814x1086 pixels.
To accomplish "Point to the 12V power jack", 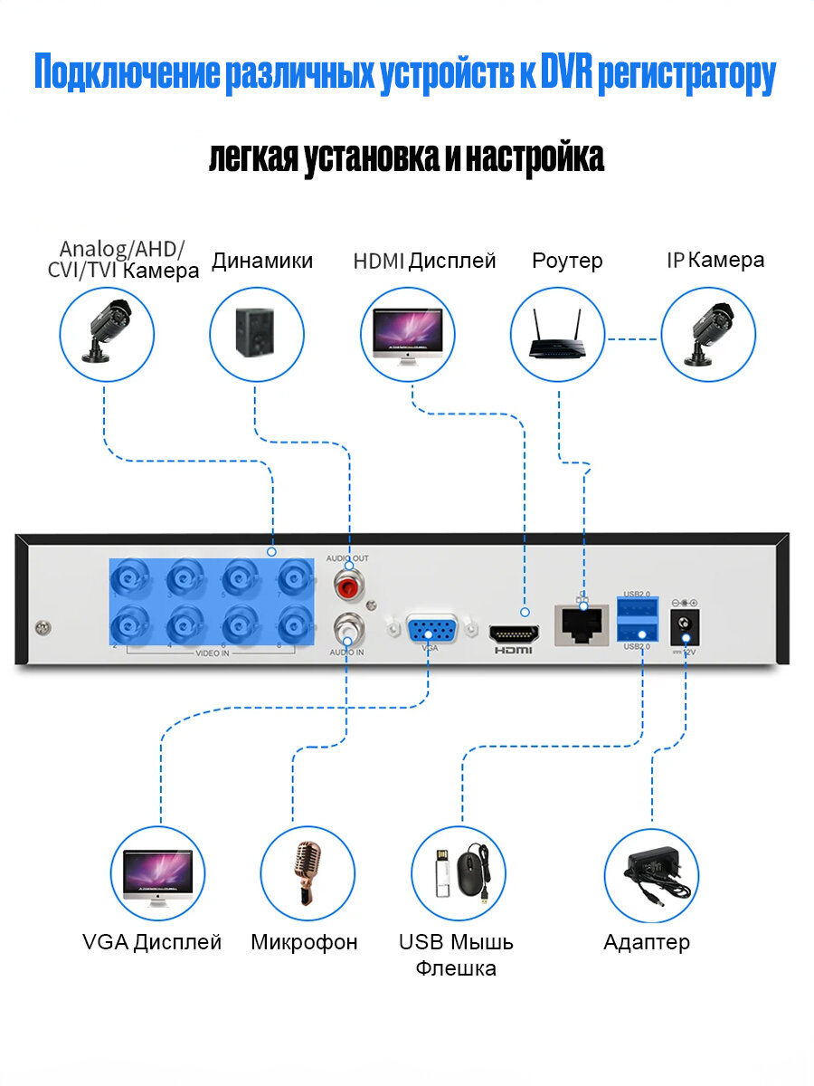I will (x=685, y=625).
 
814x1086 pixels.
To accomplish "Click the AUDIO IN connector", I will (x=347, y=626).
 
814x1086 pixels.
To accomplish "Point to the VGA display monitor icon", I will (x=158, y=874).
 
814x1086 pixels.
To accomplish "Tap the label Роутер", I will (x=567, y=262).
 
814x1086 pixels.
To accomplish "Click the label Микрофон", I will (x=304, y=942).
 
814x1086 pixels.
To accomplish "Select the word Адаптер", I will (x=647, y=942).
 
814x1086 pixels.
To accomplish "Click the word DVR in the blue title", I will (x=566, y=75).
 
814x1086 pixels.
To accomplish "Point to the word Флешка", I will (x=456, y=969).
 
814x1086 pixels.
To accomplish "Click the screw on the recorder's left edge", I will (x=42, y=626).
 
